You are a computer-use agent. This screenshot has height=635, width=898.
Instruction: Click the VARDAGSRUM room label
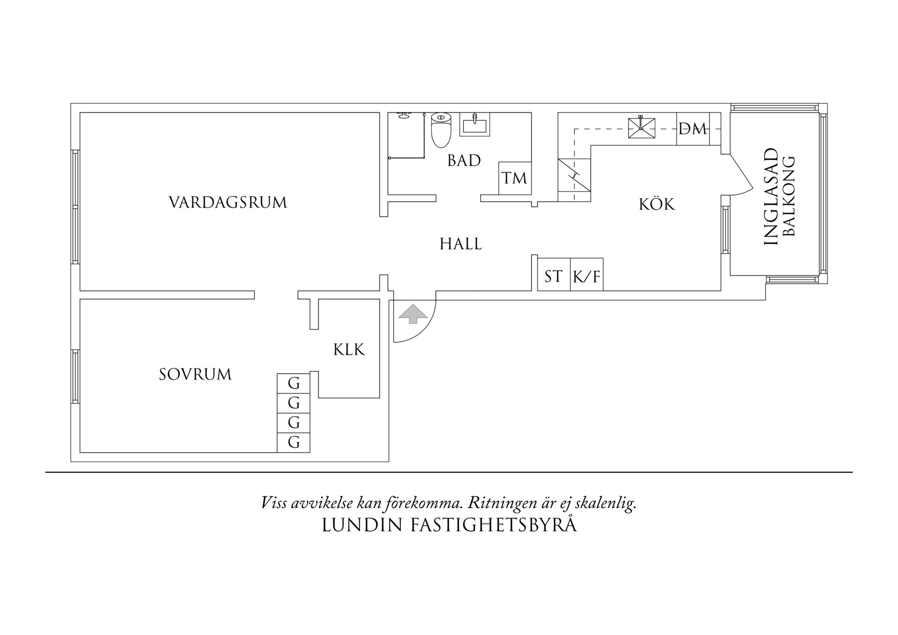click(x=228, y=202)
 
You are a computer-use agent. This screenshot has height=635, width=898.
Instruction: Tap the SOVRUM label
click(x=195, y=375)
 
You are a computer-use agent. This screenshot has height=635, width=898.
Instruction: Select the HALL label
click(x=461, y=244)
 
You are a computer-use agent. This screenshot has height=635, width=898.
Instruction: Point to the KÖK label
click(x=657, y=204)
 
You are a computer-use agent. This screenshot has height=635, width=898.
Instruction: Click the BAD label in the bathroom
click(x=464, y=161)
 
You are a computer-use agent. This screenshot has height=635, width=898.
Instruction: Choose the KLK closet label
click(x=349, y=350)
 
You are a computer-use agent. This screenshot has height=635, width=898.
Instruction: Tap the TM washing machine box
click(x=515, y=178)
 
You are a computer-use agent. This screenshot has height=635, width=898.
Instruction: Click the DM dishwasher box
click(x=693, y=129)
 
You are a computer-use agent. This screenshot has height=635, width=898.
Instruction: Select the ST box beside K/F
click(x=553, y=277)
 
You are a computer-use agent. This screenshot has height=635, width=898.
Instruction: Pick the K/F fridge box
click(x=587, y=277)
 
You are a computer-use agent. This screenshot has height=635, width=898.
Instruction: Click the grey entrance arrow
click(x=413, y=314)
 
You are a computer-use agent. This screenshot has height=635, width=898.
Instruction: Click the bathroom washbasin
click(x=475, y=124)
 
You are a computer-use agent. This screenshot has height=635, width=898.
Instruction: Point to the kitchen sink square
click(x=642, y=128)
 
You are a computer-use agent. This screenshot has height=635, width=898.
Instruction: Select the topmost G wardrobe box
click(x=293, y=383)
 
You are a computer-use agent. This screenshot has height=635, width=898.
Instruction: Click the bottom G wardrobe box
click(x=293, y=442)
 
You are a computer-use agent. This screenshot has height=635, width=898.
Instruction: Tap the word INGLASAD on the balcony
click(x=771, y=197)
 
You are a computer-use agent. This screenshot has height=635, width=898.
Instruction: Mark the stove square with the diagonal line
click(x=574, y=175)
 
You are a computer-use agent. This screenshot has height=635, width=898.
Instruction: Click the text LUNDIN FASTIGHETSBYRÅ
click(x=449, y=525)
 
